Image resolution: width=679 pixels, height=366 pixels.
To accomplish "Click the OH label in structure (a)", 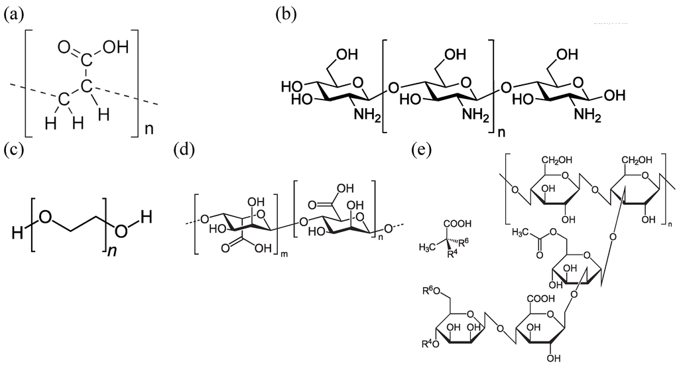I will point(107,47).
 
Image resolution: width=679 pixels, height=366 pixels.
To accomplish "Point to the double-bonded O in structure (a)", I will point(64,47).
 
